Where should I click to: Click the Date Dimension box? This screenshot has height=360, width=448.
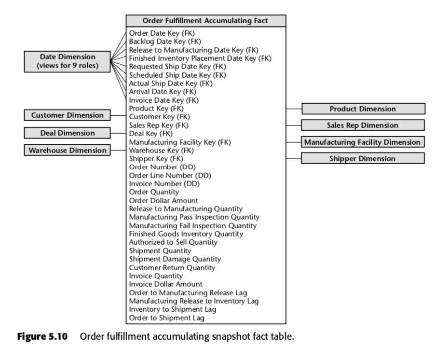tap(68, 61)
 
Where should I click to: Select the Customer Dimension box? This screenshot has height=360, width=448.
tap(68, 115)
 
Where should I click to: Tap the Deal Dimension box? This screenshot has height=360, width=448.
tap(68, 133)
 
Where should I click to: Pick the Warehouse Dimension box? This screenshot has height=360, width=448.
tap(68, 150)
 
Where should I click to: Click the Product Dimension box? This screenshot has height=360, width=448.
tap(363, 109)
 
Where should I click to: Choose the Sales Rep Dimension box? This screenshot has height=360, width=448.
tap(363, 125)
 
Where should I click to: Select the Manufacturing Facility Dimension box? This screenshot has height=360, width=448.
tap(363, 142)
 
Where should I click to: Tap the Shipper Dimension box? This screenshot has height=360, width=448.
tap(363, 158)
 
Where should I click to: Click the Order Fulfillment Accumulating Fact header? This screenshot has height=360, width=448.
tap(205, 20)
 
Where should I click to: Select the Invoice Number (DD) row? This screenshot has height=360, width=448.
tap(164, 183)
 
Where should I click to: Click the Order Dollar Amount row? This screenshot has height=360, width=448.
tap(163, 200)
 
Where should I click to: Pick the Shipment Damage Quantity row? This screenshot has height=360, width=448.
tap(175, 259)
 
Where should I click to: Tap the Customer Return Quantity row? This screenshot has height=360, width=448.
tap(172, 267)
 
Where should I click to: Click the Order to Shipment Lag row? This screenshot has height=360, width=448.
tap(166, 318)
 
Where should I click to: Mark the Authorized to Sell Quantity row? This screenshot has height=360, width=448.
tap(173, 242)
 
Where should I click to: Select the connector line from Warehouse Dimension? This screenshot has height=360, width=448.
tap(118, 150)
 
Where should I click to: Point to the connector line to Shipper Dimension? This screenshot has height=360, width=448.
tap(294, 158)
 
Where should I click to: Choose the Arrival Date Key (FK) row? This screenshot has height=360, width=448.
tap(163, 92)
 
